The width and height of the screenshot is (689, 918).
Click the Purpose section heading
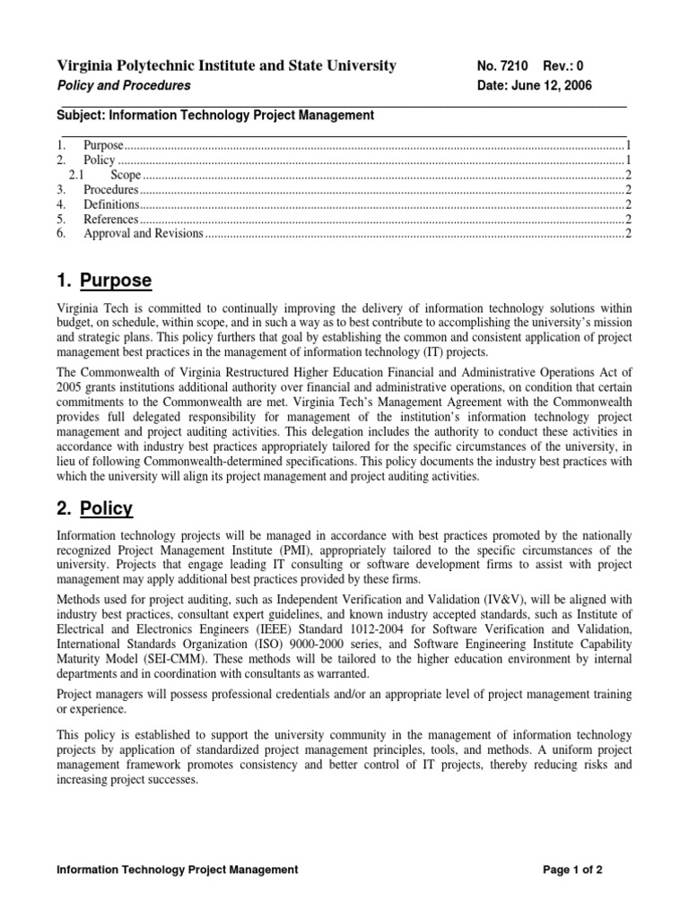pyautogui.click(x=116, y=281)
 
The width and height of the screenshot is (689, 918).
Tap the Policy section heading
pyautogui.click(x=106, y=508)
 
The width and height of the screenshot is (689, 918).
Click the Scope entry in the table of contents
pyautogui.click(x=126, y=175)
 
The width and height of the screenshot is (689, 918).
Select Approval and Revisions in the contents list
pyautogui.click(x=144, y=234)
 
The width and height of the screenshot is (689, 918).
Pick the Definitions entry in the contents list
pyautogui.click(x=110, y=204)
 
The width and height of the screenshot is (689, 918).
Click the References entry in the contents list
pyautogui.click(x=111, y=219)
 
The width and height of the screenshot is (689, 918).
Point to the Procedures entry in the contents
pyautogui.click(x=111, y=190)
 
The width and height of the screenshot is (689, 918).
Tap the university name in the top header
pyautogui.click(x=226, y=65)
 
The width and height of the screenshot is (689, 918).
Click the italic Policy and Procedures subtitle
pyautogui.click(x=124, y=85)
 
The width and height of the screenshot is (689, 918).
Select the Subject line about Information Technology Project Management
pyautogui.click(x=215, y=115)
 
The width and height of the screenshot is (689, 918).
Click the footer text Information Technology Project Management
pyautogui.click(x=177, y=870)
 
